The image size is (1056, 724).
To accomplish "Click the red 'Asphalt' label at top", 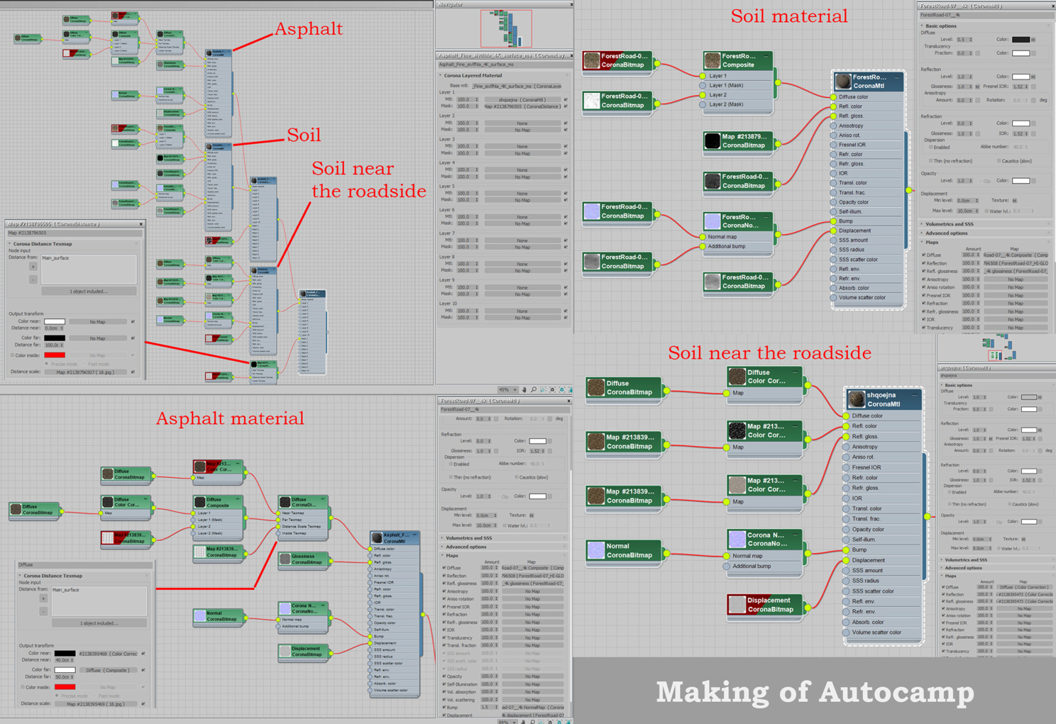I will pyautogui.click(x=308, y=29).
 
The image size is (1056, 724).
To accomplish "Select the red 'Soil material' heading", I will pyautogui.click(x=788, y=16).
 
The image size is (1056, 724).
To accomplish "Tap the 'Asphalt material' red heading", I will pyautogui.click(x=230, y=418).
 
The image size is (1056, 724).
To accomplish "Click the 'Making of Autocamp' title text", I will pyautogui.click(x=815, y=691).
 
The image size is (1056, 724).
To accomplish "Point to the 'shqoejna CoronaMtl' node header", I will pyautogui.click(x=883, y=399).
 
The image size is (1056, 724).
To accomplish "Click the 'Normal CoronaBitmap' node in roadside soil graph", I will pyautogui.click(x=625, y=550).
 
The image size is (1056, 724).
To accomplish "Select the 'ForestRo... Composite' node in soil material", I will pyautogui.click(x=738, y=60).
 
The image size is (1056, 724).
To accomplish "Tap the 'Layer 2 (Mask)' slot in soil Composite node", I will pyautogui.click(x=727, y=104).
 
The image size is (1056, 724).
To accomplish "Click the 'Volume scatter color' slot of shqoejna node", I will pyautogui.click(x=876, y=633).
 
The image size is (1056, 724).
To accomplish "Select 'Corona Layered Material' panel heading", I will pyautogui.click(x=473, y=75).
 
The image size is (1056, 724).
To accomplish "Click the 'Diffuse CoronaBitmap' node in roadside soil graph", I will pyautogui.click(x=625, y=387).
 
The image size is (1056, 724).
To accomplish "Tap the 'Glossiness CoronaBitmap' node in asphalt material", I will pyautogui.click(x=304, y=559).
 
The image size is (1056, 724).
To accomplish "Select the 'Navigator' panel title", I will pyautogui.click(x=451, y=4).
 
